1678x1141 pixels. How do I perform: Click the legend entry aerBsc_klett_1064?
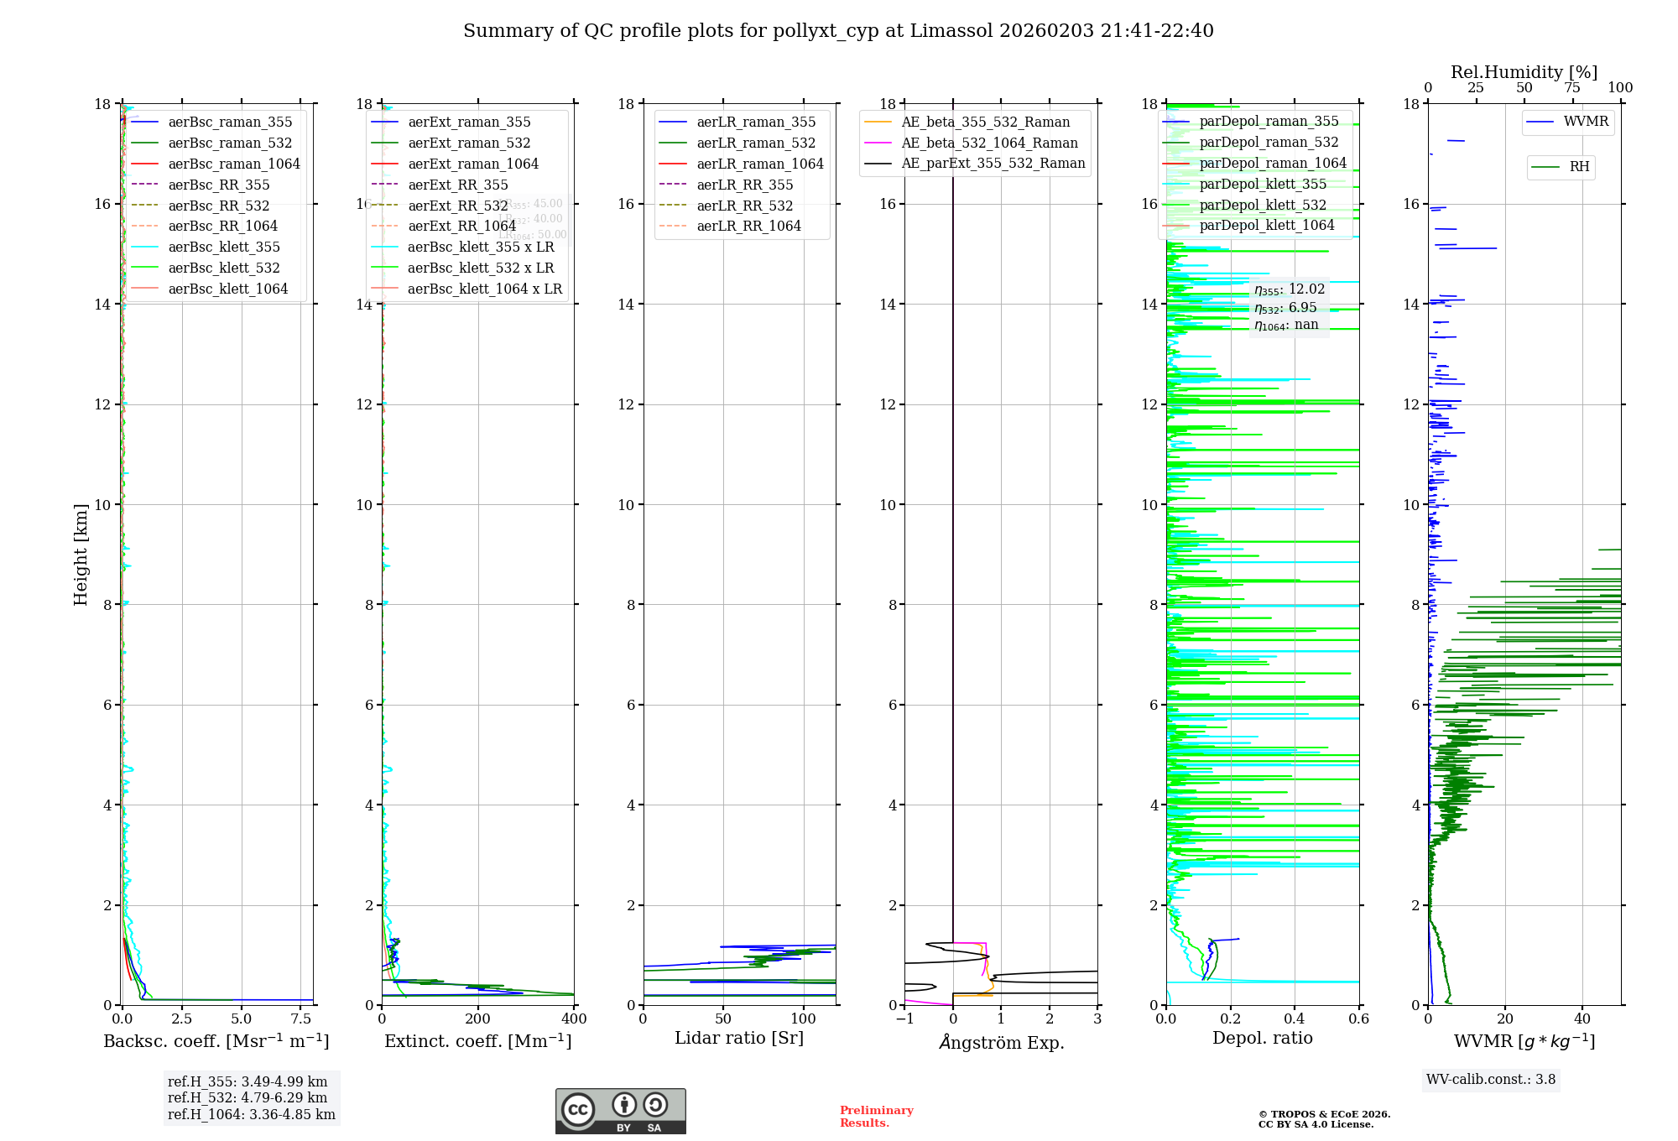pos(227,289)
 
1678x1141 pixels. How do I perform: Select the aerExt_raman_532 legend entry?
pos(469,143)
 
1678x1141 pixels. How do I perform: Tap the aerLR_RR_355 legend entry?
pos(744,185)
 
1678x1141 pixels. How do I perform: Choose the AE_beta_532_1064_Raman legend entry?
pos(989,143)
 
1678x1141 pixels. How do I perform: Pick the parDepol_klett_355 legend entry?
pos(1263,184)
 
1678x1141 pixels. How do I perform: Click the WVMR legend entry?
pos(1586,122)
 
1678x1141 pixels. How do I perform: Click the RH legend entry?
pos(1579,167)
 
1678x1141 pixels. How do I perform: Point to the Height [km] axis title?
pos(81,555)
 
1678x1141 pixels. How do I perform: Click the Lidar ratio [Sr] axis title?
pos(739,1038)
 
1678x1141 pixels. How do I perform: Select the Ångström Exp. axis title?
pos(1001,1042)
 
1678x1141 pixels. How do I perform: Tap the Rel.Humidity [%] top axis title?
pos(1524,72)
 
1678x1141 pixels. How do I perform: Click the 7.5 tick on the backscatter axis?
pos(301,1019)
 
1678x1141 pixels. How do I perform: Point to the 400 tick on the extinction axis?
pos(574,1019)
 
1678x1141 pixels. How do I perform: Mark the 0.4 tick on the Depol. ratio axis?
pos(1295,1019)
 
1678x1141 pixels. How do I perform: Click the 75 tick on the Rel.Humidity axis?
pos(1572,88)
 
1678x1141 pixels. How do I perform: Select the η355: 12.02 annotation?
pos(1290,289)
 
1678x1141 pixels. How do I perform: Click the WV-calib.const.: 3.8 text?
pos(1491,1080)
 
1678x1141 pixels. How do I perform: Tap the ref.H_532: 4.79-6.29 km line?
pos(248,1097)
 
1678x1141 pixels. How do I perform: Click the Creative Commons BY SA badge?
pos(620,1112)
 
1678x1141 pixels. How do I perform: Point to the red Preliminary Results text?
pos(876,1117)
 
